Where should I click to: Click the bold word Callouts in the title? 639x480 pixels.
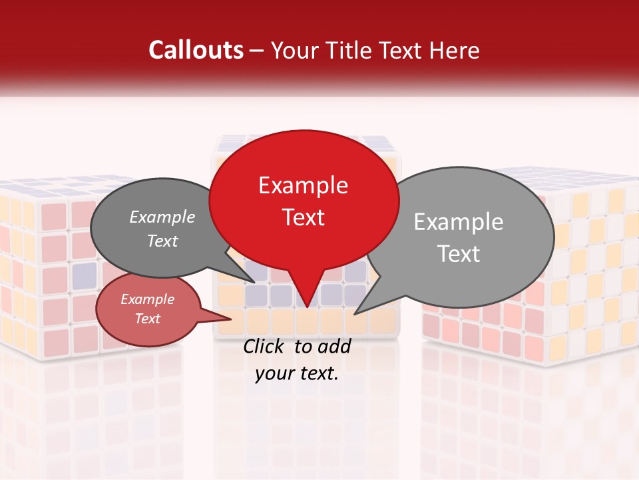coord(196,51)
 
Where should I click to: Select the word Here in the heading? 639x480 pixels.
coord(455,51)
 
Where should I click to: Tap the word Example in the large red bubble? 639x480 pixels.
coord(303,185)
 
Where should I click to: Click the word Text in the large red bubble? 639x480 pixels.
coord(303,217)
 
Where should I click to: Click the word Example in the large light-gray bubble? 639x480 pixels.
coord(458,222)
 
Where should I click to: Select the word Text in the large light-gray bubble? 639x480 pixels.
coord(458,254)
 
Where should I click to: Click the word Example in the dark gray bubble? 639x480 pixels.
coord(162,217)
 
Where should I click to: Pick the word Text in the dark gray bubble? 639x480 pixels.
coord(162,241)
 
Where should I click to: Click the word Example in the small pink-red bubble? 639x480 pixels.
coord(147,299)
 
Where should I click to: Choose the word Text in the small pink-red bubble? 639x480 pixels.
coord(147,319)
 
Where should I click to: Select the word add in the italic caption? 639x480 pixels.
coord(334,346)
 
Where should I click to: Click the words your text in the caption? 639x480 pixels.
coord(297,373)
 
